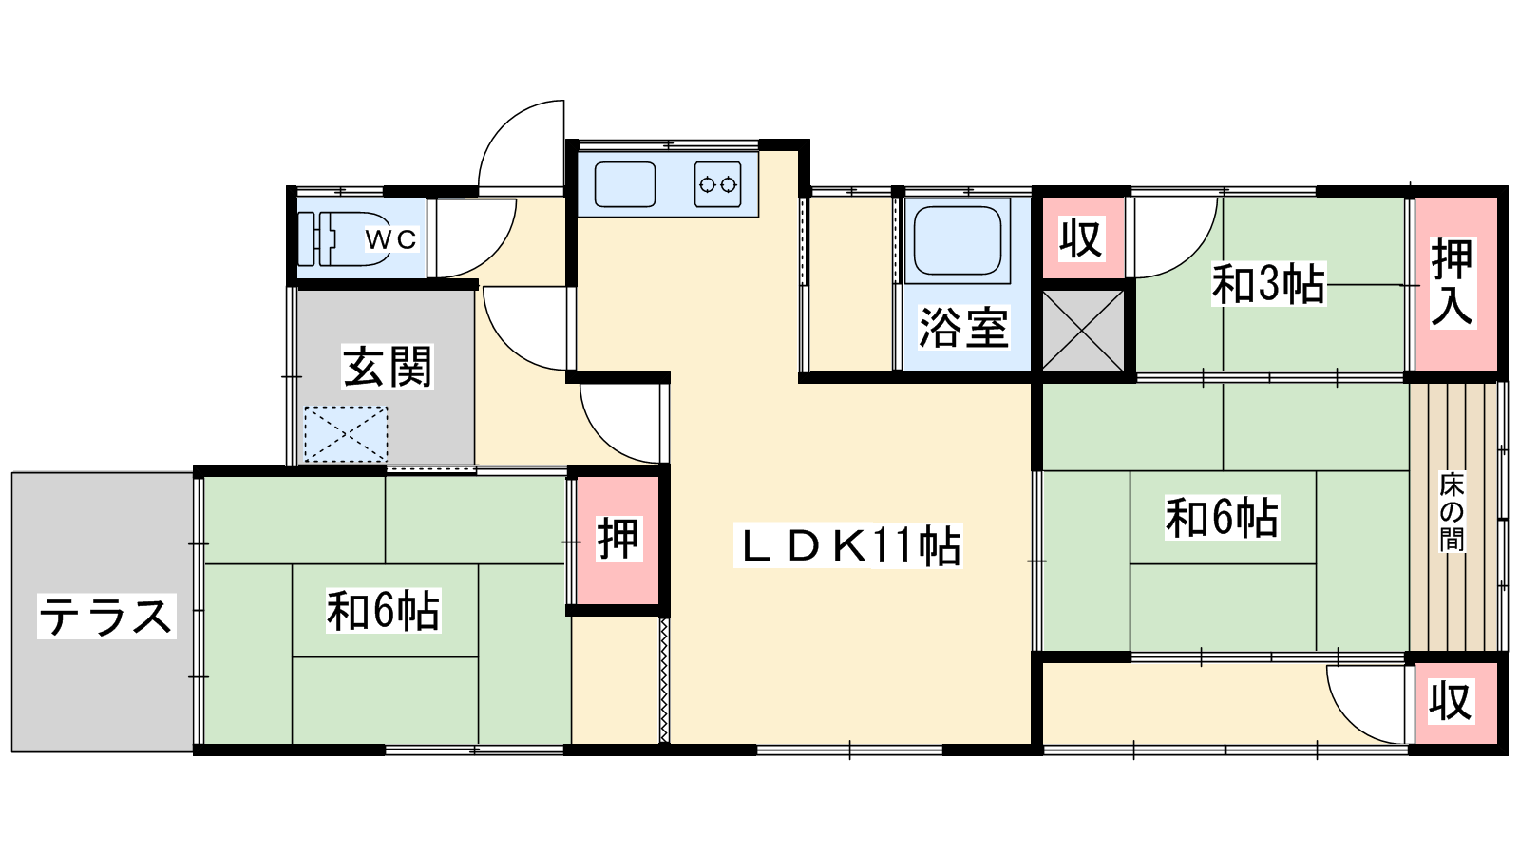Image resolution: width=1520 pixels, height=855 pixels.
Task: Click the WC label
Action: point(390,238)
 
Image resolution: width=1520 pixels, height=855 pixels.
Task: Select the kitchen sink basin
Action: point(625,184)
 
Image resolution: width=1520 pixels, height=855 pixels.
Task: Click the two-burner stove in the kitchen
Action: point(717,184)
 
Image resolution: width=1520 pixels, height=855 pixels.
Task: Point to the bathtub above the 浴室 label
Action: point(958,240)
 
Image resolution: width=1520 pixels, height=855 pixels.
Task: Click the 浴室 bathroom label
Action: point(963,329)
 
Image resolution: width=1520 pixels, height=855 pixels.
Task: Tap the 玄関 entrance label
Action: point(387,367)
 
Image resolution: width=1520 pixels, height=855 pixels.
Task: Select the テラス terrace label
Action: point(106,617)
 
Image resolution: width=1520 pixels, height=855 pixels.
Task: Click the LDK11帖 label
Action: point(848,545)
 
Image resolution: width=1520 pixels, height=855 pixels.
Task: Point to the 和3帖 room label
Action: point(1269,284)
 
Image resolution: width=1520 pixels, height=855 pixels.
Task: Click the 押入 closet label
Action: point(1453,283)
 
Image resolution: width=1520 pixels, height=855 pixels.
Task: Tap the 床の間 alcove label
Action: point(1453,512)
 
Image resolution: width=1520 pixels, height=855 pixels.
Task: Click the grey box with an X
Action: point(1083,332)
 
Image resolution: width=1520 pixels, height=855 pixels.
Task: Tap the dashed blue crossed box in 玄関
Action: point(346,434)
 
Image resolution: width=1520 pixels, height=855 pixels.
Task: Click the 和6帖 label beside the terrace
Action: point(384,611)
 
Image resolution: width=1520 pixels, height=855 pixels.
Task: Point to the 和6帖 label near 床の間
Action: point(1222,518)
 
